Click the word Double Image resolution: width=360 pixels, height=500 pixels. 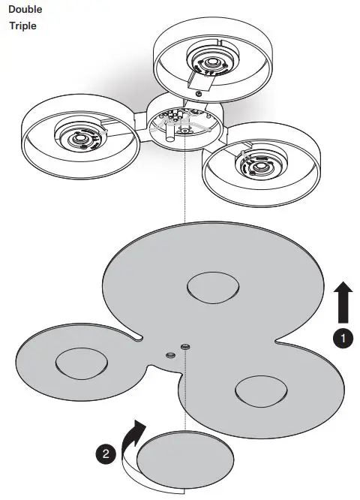pos(26,10)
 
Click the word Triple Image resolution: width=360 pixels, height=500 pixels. pos(22,26)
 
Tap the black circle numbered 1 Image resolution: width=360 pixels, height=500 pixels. pos(343,339)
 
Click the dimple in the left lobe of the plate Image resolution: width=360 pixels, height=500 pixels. pos(81,364)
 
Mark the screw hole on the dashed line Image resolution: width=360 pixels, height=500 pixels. pos(184,346)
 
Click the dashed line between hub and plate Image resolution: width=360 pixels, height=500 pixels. pos(184,188)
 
